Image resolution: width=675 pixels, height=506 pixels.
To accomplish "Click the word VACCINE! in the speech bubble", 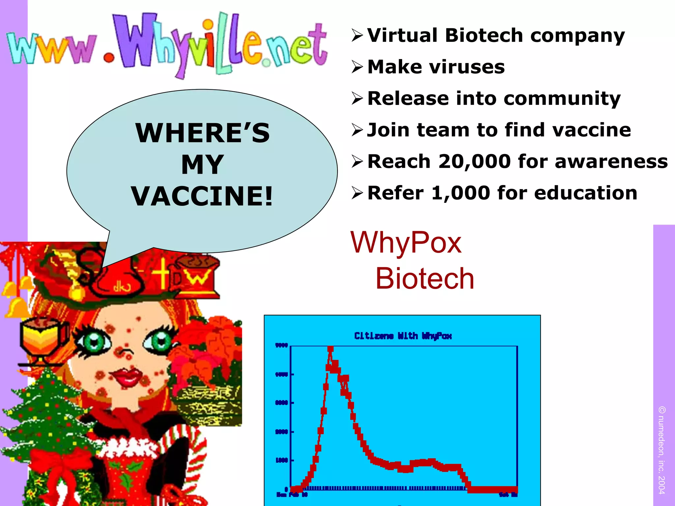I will coord(202,196).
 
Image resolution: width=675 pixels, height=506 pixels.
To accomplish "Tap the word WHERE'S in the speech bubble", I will coord(202,133).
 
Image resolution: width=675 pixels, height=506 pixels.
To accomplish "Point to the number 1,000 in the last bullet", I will coord(460,193).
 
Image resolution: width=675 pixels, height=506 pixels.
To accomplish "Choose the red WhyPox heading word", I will coord(406,242).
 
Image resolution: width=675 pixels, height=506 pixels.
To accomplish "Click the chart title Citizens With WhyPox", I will coord(403,336).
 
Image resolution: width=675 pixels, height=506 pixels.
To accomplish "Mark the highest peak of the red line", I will coord(330,349).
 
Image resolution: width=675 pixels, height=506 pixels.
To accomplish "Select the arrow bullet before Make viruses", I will coord(357,67).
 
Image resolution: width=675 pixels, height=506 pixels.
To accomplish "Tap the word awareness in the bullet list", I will coord(611,162).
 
